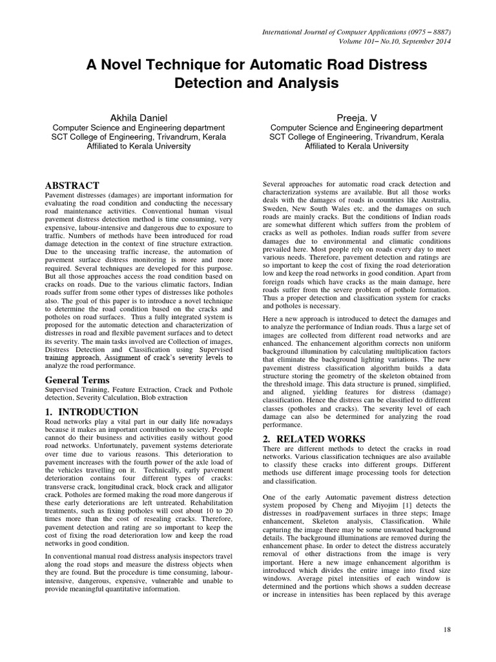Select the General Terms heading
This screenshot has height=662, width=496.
(77, 380)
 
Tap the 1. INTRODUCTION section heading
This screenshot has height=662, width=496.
(91, 412)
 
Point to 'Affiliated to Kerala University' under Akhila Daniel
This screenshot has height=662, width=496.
(138, 147)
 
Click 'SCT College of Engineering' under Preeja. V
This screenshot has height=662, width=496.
(323, 137)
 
